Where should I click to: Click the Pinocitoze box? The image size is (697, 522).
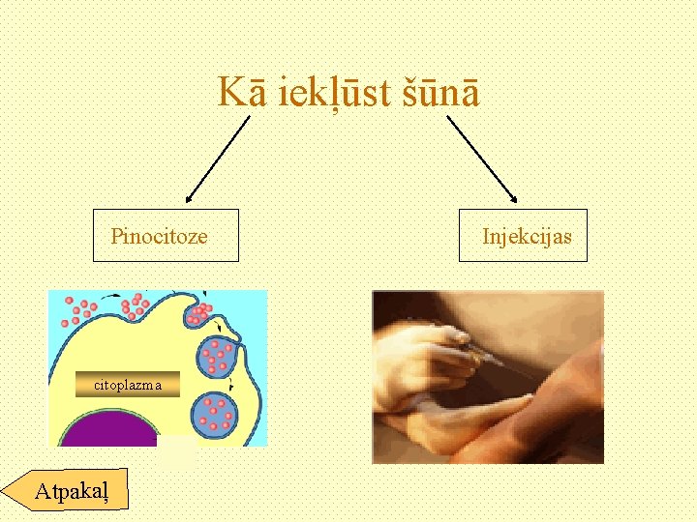click(166, 236)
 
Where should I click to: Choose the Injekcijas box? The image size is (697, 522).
click(523, 236)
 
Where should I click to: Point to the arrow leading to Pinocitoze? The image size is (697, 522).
click(217, 159)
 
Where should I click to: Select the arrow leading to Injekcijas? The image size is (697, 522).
click(481, 159)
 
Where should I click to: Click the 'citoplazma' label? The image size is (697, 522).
click(129, 385)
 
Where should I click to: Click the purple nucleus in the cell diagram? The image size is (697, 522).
click(106, 429)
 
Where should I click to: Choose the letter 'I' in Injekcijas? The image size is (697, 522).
click(486, 236)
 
